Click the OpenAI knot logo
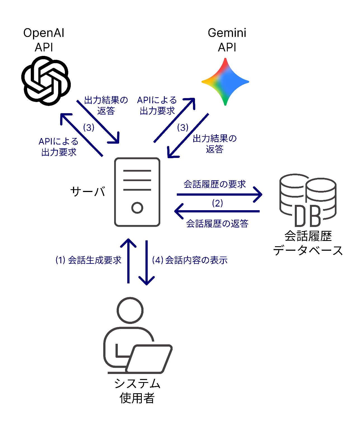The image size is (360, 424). click(46, 81)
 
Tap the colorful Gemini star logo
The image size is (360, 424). click(225, 82)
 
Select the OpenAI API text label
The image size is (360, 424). click(44, 40)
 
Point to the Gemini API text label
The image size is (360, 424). click(227, 40)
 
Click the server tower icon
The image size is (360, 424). click(137, 192)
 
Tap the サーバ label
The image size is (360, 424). click(88, 192)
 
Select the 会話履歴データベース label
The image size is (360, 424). click(308, 243)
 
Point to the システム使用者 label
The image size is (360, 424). click(137, 391)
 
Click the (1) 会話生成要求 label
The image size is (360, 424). click(88, 260)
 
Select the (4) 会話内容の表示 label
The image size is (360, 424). click(190, 260)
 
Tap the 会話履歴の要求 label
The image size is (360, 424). click(215, 184)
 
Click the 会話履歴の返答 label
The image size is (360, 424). click(217, 223)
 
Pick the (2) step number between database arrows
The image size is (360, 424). click(217, 203)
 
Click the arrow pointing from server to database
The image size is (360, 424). click(220, 194)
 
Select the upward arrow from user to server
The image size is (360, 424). click(128, 261)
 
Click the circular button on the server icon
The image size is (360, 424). click(137, 208)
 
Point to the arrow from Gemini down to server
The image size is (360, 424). click(188, 136)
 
